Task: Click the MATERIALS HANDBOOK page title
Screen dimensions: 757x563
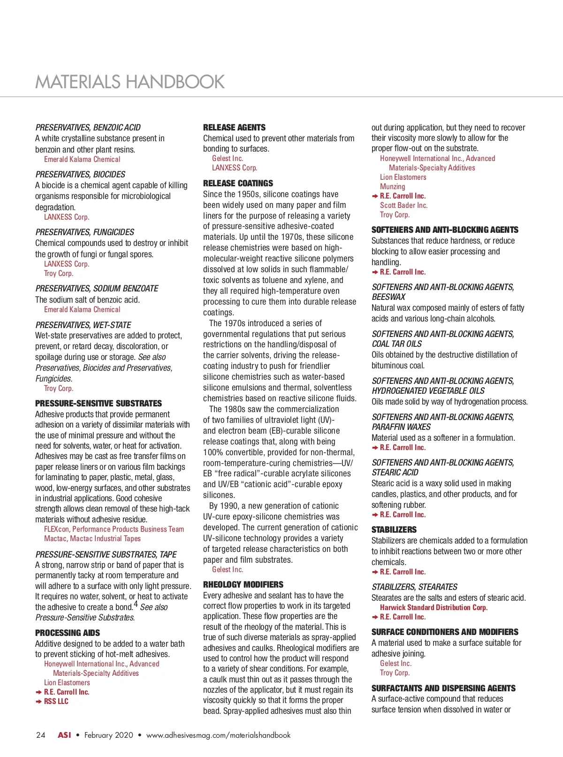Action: pos(130,82)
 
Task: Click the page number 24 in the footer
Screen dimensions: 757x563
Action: pos(41,735)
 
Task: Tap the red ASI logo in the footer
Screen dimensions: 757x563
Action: pos(64,735)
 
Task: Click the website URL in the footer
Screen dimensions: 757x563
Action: pos(218,735)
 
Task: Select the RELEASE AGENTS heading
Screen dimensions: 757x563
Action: pos(234,127)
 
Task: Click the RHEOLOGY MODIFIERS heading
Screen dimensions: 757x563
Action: pos(243,584)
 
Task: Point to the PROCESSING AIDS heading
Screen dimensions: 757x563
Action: pos(68,633)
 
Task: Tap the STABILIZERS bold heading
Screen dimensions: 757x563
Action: pos(394,529)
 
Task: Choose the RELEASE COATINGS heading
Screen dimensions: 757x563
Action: pos(238,183)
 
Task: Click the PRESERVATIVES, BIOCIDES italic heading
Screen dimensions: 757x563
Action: pos(80,174)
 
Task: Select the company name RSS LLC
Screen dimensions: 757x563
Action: pos(56,701)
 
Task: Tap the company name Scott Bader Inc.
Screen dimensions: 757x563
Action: pos(403,205)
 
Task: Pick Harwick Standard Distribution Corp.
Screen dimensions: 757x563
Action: pos(434,607)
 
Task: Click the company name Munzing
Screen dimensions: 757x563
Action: pos(392,186)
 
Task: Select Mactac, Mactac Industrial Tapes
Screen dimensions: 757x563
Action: pos(92,538)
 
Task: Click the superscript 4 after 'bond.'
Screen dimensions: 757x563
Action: pos(136,604)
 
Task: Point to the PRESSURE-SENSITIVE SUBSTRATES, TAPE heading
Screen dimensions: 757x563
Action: pos(106,554)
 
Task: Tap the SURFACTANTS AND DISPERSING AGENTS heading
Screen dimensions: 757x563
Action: pos(443,688)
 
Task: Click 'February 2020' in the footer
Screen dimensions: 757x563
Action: pos(109,735)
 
